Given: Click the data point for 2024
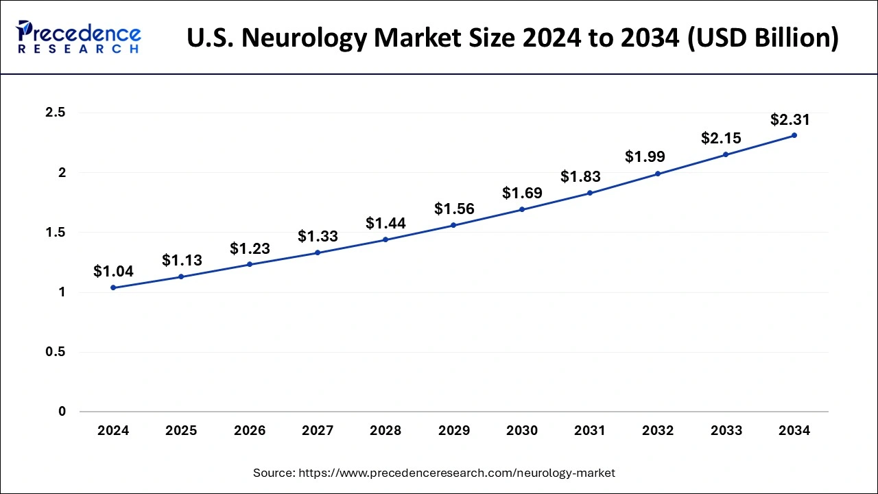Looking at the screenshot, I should (113, 287).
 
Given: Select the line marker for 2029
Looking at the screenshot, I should (453, 225).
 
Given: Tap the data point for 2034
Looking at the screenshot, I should (794, 135).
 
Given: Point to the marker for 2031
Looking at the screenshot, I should (590, 193).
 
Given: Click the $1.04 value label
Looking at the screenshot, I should (113, 272).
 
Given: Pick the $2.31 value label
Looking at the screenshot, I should (790, 120).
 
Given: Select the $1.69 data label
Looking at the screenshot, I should (522, 193).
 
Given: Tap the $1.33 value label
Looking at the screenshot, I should (318, 237).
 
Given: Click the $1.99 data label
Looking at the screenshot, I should (645, 156).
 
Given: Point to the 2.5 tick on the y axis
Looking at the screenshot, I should (55, 113).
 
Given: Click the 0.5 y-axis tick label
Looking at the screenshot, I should (55, 352).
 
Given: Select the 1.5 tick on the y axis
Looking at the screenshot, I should (55, 233).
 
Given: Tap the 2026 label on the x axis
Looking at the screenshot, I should (250, 431).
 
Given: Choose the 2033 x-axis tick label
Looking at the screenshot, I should (726, 431).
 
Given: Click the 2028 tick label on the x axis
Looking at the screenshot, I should (385, 431).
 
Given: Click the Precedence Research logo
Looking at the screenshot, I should (79, 38).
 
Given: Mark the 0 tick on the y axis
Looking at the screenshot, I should (62, 412).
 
